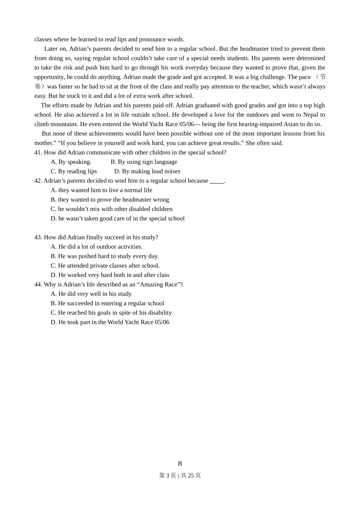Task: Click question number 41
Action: coord(38,153)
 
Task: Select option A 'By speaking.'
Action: coord(71,162)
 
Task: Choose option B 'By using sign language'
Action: coord(144,162)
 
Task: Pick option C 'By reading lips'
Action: coord(74,172)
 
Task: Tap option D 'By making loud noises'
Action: coord(147,172)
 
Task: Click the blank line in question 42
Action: coord(217,181)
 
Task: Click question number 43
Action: coord(38,237)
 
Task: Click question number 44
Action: coord(38,284)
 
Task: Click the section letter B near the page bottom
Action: coord(180,464)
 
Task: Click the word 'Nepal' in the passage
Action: coord(311,115)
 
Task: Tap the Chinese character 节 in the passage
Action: coord(322,77)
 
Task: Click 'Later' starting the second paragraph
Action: coord(51,49)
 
